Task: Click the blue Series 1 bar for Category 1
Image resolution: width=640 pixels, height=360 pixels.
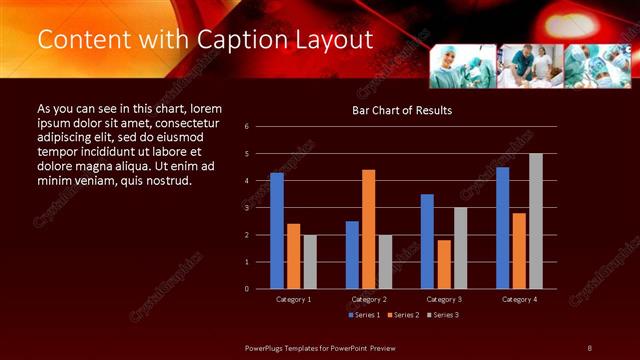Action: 277,231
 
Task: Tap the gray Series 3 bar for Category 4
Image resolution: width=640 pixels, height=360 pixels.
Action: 536,221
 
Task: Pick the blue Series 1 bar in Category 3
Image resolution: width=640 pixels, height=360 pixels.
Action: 427,241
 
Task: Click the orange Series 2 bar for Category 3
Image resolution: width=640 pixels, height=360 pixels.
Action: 444,264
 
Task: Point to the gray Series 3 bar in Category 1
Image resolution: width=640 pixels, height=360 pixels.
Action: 310,262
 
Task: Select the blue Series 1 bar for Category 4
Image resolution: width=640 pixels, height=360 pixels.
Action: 502,228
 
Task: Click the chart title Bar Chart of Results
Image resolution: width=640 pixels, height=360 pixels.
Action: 401,110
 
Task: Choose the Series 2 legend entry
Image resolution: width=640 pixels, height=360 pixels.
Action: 403,315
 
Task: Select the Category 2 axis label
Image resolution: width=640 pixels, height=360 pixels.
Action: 369,299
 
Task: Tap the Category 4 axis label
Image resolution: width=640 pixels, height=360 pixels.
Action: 519,299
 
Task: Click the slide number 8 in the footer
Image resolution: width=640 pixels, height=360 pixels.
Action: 590,347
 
